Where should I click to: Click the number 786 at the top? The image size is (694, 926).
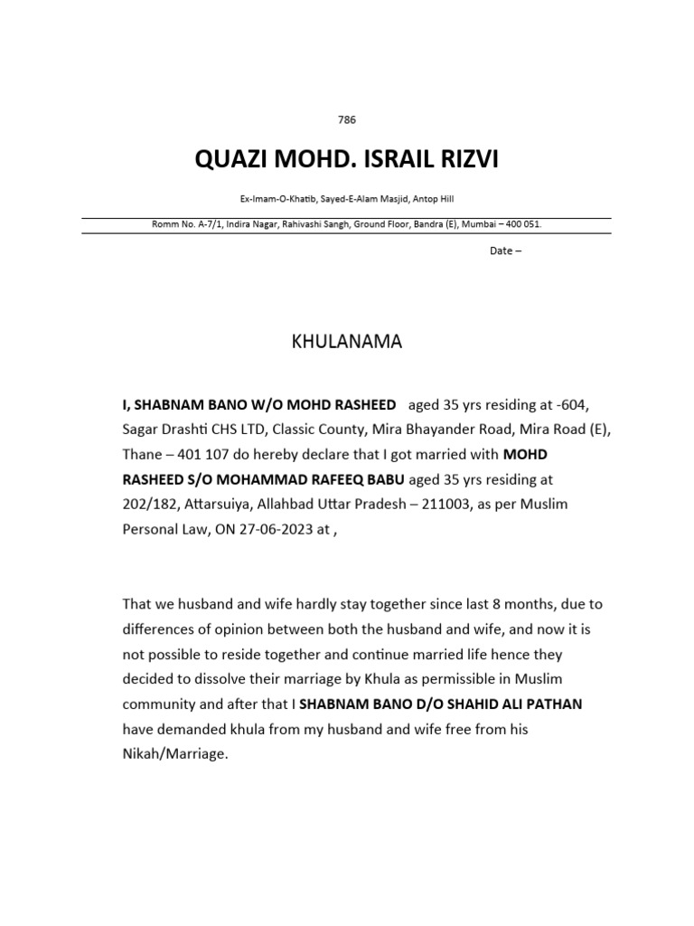coord(346,118)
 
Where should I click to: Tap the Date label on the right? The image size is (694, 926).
coord(502,250)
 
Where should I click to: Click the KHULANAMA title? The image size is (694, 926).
coord(346,343)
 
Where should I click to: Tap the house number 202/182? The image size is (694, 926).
coord(153,504)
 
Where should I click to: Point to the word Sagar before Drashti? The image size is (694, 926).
coord(141,428)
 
